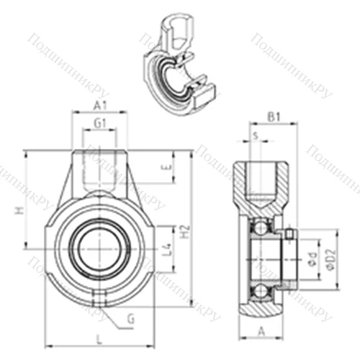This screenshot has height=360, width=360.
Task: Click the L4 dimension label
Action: click(166, 250)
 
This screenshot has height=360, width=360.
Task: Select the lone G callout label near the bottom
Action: click(130, 318)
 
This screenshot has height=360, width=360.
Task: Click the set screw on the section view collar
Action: click(289, 233)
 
